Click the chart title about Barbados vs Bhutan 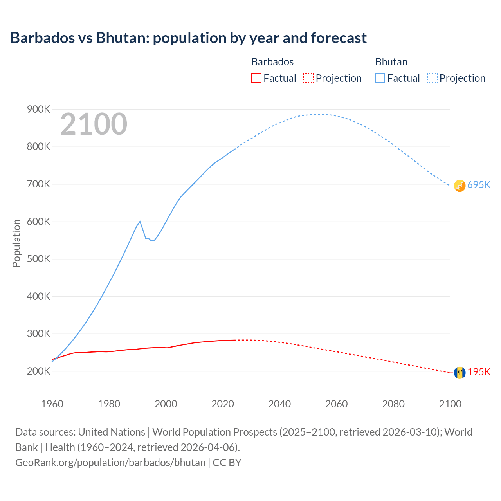188,38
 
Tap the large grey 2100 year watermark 94,124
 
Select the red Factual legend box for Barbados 256,78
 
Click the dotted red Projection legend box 308,78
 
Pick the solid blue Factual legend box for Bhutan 380,78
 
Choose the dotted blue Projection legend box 432,78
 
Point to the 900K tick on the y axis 38,110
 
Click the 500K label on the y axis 38,259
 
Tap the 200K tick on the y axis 38,371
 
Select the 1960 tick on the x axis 52,404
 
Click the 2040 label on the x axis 279,404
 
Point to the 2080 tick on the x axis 393,404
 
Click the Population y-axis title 16,243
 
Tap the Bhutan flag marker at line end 460,186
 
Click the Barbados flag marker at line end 460,373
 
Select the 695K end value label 479,185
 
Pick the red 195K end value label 479,372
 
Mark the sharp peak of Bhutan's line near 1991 140,222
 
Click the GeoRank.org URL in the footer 110,463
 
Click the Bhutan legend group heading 391,62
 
